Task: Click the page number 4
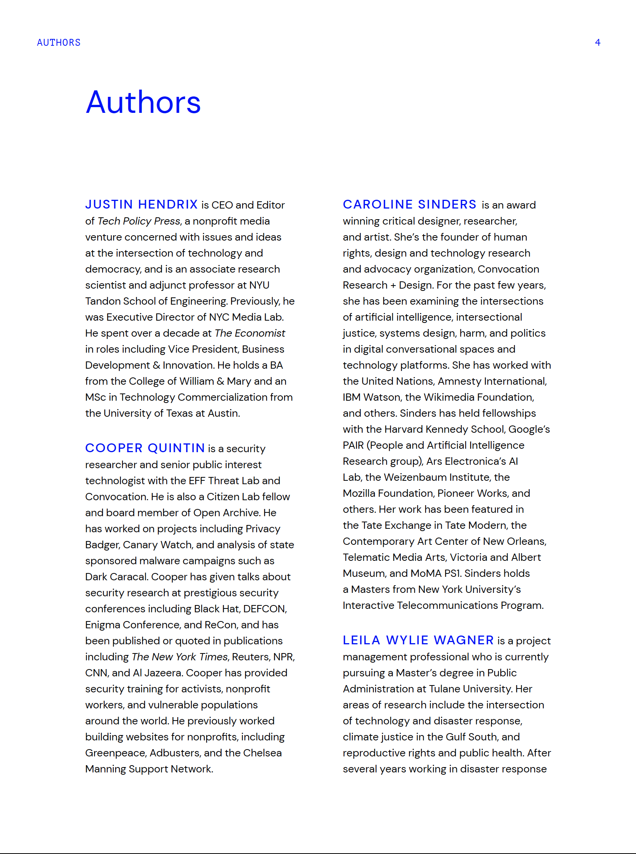point(597,42)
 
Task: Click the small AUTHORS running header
point(58,42)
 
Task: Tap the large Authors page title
point(143,103)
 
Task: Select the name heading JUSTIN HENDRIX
point(141,204)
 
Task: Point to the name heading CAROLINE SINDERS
point(410,204)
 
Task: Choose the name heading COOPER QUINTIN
point(145,448)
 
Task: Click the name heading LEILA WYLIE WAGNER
point(418,640)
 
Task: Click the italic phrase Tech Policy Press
point(138,221)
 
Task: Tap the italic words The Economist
point(250,333)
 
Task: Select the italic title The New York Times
point(180,657)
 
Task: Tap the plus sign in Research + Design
point(393,285)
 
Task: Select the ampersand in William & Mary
point(220,381)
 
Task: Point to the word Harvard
point(403,429)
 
